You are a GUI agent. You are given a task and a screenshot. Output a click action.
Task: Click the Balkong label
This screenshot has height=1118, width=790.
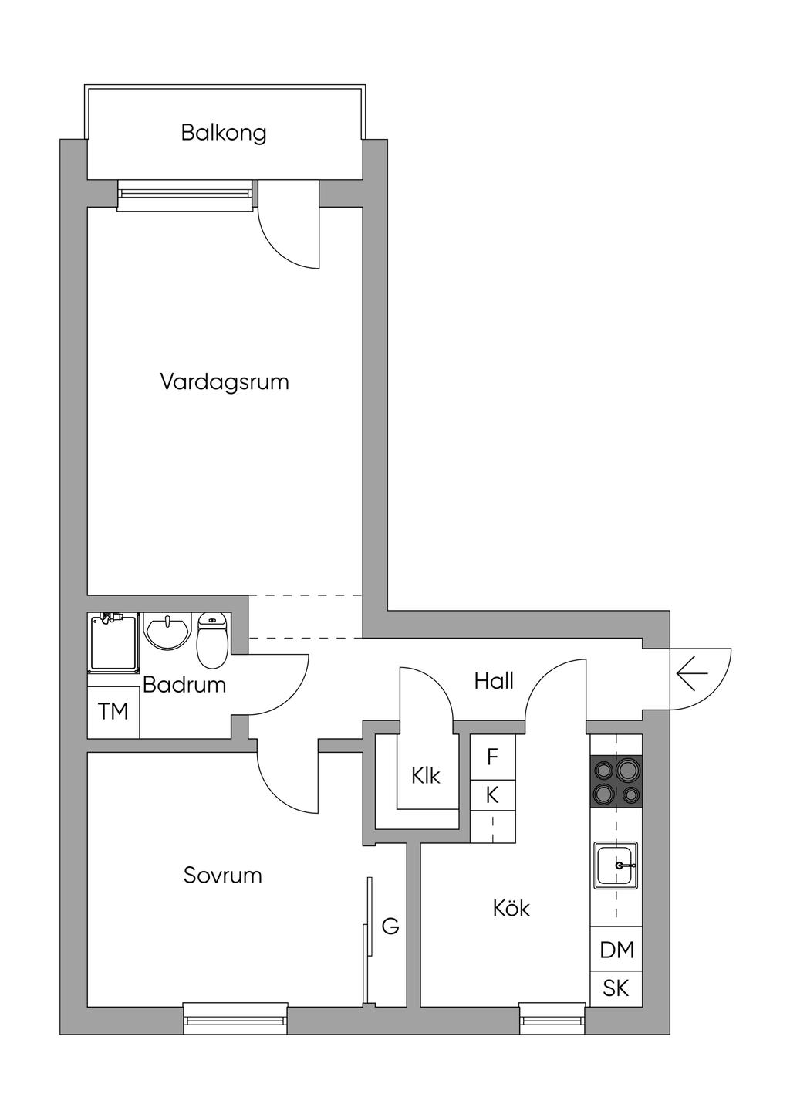224,134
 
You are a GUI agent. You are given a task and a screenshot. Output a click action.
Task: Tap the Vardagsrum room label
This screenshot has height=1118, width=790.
225,382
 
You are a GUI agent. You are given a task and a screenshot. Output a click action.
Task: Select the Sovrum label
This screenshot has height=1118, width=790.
222,876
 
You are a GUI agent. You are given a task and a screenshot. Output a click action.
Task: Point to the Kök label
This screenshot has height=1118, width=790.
511,908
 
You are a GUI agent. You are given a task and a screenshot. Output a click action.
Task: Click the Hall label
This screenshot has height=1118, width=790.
494,681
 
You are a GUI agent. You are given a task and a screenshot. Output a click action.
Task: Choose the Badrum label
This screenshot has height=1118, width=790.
184,685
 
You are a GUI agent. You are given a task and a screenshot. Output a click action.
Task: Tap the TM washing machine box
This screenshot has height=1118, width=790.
113,712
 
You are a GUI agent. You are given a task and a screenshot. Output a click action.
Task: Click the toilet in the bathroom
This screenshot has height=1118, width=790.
212,640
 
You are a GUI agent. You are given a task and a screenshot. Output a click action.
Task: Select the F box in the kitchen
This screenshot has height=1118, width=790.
493,757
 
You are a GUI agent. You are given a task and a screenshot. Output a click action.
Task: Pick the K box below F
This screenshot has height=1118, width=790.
493,795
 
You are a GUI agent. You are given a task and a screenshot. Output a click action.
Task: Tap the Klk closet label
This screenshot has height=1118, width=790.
426,776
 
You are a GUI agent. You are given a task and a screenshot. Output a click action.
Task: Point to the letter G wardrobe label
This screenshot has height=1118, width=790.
390,927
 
